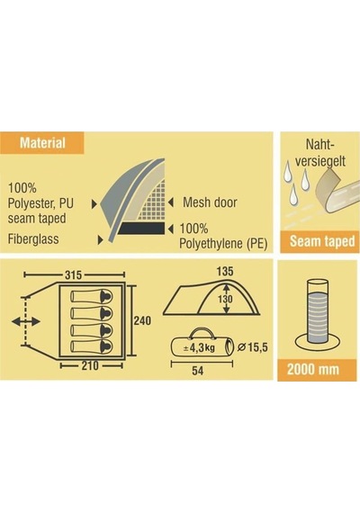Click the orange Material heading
[x=42, y=143]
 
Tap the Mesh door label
[x=210, y=202]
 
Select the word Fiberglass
[x=33, y=238]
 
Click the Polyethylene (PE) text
[x=223, y=244]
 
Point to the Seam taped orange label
[x=322, y=241]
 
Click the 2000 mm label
[x=313, y=370]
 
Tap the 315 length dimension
[x=73, y=275]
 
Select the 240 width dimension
[x=142, y=320]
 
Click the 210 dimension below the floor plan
[x=90, y=365]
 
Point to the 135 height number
[x=225, y=271]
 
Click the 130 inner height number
[x=225, y=299]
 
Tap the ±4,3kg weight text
[x=199, y=347]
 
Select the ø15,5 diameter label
[x=252, y=347]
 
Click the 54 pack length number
[x=198, y=371]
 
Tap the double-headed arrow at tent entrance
[x=26, y=321]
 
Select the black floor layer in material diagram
[x=141, y=229]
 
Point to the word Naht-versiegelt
[x=320, y=153]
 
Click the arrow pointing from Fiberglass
[x=101, y=240]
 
